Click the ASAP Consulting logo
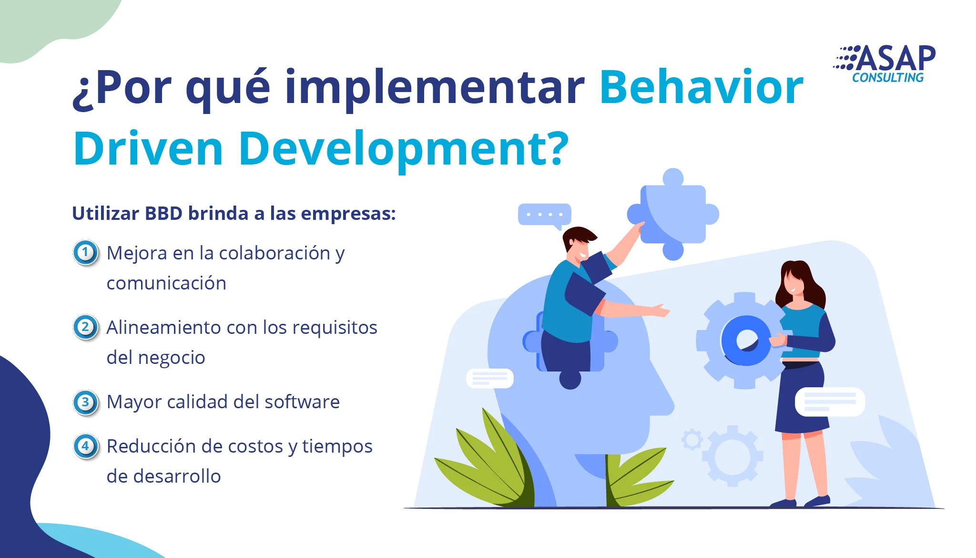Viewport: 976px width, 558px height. click(884, 64)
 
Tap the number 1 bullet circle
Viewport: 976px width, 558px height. click(86, 252)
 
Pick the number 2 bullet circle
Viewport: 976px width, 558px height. click(86, 327)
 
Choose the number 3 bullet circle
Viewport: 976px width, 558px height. click(86, 402)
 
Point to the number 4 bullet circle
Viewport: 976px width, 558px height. click(86, 446)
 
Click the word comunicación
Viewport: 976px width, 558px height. click(166, 283)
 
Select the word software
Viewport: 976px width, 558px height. click(302, 402)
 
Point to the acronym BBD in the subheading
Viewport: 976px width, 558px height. click(163, 214)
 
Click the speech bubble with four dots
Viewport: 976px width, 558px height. click(545, 215)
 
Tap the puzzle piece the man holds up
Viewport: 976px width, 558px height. click(673, 214)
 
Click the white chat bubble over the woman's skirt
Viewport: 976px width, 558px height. click(830, 402)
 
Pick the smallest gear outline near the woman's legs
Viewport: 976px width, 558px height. click(692, 439)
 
